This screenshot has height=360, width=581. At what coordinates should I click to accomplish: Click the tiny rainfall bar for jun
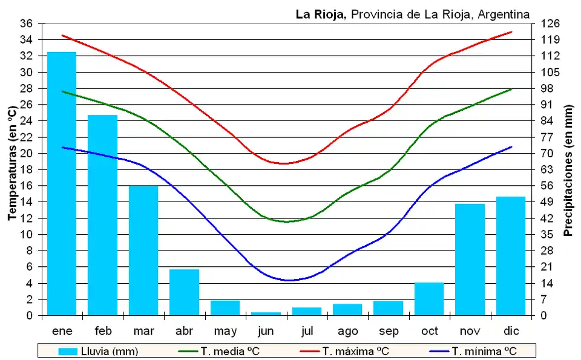(x=266, y=313)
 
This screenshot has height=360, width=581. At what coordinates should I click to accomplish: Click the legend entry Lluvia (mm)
(x=100, y=351)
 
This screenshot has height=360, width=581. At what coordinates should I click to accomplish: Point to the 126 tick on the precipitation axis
(x=550, y=24)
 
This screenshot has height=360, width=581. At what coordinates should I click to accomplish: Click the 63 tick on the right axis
(x=547, y=169)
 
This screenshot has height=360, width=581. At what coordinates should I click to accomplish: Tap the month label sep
(x=388, y=332)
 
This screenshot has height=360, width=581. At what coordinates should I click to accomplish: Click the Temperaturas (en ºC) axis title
(x=11, y=163)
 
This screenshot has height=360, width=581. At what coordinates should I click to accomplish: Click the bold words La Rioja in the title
(x=320, y=14)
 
